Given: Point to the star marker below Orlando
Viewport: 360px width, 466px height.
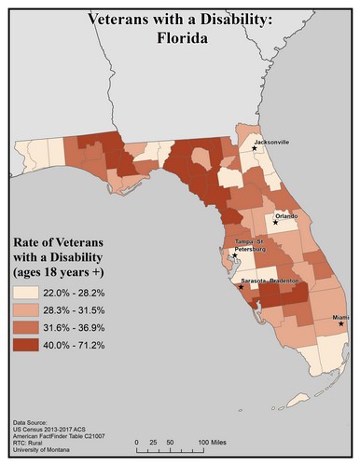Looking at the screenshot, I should tap(277, 223).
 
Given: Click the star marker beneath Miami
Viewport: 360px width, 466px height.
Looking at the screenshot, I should tap(340, 324).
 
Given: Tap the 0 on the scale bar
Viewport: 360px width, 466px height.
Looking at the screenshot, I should tap(138, 441).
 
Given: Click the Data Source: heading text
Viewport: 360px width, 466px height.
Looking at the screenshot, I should tap(35, 422).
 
